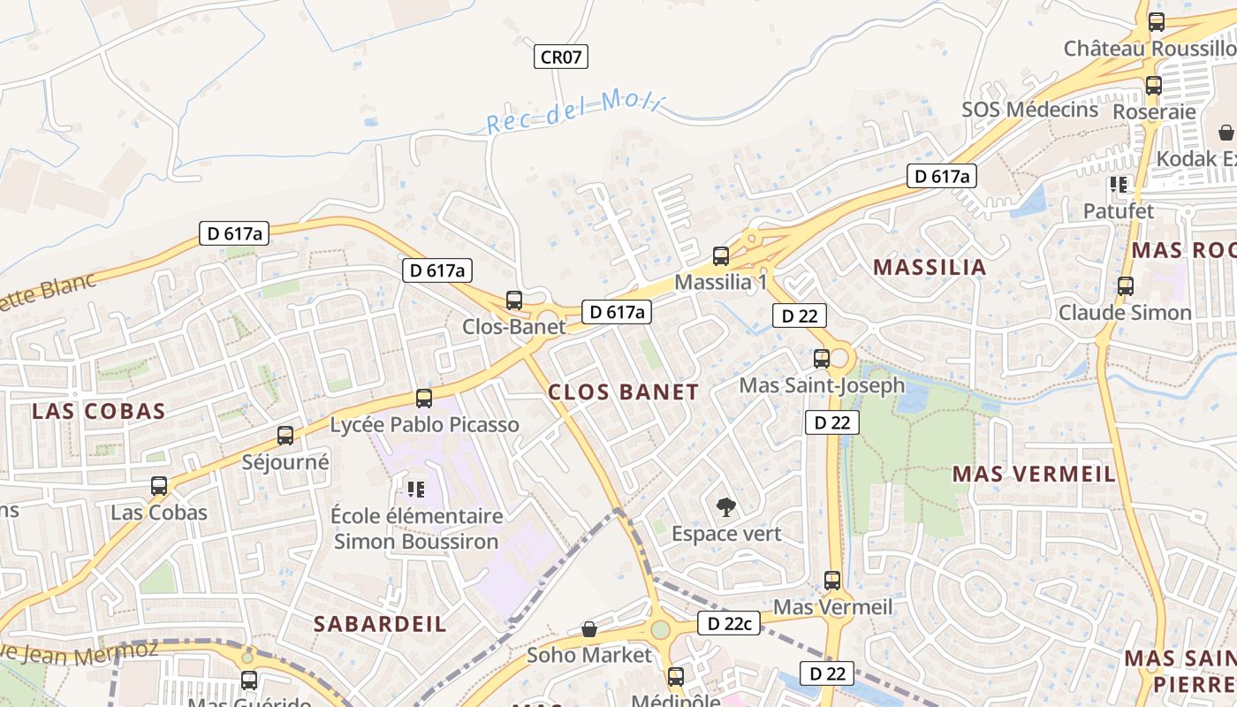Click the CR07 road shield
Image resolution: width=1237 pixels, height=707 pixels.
point(561,57)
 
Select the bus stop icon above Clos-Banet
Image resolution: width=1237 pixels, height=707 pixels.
point(514,300)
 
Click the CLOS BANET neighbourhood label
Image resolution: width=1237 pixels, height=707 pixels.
point(623,392)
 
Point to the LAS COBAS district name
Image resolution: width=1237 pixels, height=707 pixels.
point(99,411)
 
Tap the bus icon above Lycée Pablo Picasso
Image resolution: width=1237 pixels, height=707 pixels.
point(424,399)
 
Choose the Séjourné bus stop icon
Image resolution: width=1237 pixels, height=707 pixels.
point(285,436)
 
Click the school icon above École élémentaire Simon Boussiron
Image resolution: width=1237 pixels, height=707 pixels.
point(415,489)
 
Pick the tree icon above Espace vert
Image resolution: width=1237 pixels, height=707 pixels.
point(725,507)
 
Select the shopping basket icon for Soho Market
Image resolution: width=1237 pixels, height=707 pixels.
point(589,629)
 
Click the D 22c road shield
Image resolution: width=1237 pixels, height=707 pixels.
point(729,623)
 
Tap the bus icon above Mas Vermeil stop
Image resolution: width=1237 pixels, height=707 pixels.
point(832,581)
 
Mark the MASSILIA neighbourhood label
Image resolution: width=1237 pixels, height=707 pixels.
point(930,267)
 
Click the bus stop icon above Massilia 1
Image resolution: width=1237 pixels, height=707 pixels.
point(721,256)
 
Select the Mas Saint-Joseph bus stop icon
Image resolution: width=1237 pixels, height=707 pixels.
point(822,359)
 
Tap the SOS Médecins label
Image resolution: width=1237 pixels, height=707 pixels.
point(1030,110)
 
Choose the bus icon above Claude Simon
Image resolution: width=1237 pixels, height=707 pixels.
point(1126,286)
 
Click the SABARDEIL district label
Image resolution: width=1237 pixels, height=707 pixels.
point(380,624)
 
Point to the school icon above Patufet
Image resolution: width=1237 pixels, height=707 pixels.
point(1119,185)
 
